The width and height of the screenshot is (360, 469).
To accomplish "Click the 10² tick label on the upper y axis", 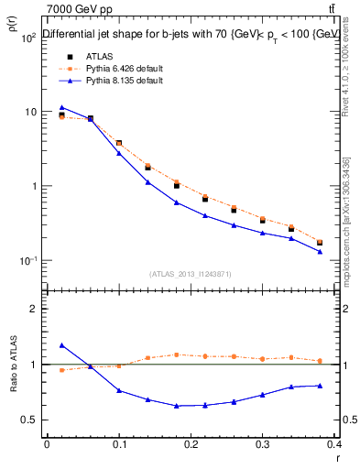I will pyautogui.click(x=27, y=38).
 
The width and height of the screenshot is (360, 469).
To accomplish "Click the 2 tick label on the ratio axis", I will pyautogui.click(x=34, y=309).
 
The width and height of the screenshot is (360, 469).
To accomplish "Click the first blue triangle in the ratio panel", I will pyautogui.click(x=61, y=345).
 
